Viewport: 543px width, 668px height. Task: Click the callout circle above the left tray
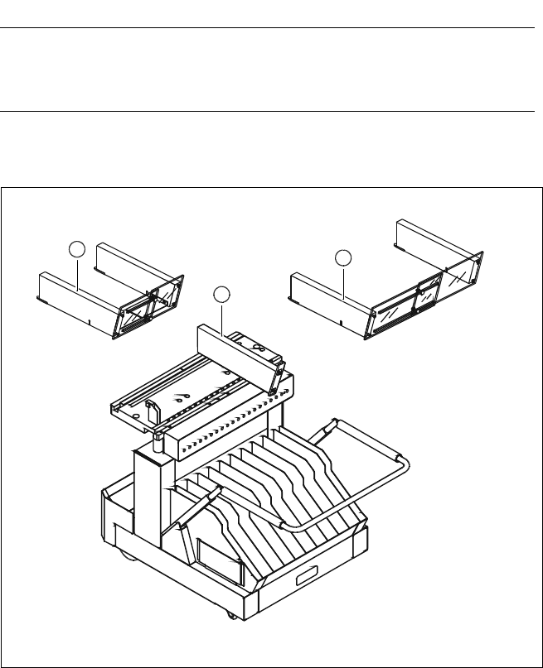pyautogui.click(x=76, y=248)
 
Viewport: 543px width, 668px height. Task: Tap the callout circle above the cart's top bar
pyautogui.click(x=220, y=293)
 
